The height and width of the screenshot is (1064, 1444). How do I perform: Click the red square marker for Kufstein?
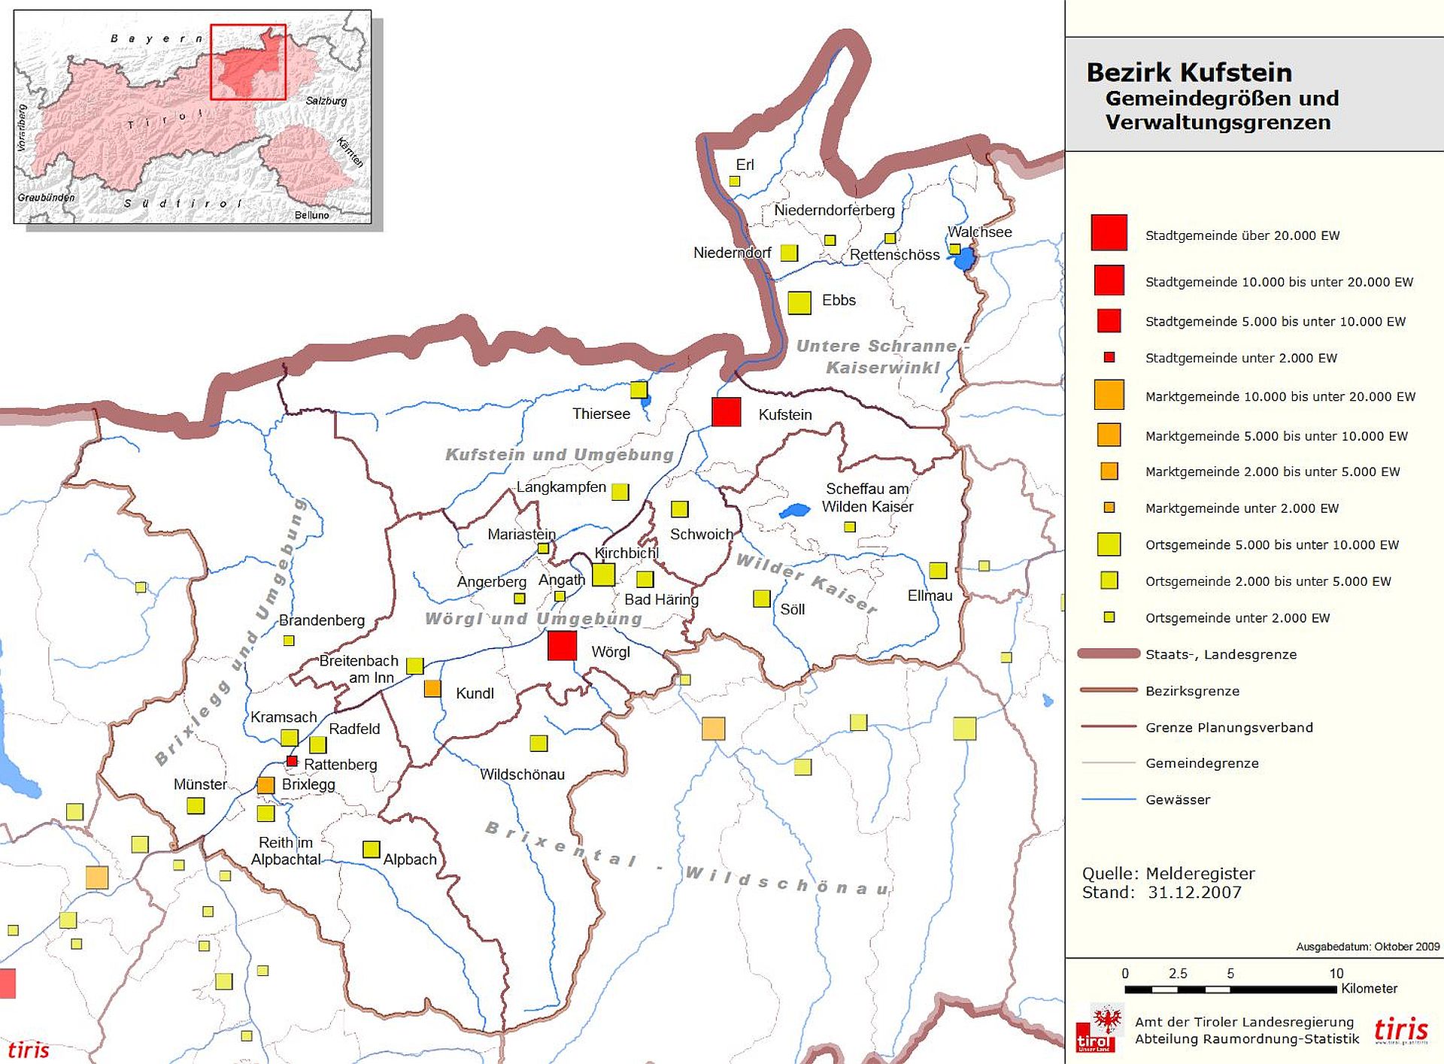726,412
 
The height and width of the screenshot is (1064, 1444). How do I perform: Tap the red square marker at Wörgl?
562,646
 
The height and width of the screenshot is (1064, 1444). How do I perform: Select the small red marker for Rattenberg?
292,761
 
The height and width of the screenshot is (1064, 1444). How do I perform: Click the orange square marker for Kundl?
432,688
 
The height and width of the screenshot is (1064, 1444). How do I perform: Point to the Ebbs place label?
839,300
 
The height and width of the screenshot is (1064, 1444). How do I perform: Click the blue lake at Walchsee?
963,259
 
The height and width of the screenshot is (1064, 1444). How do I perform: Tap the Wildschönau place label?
522,774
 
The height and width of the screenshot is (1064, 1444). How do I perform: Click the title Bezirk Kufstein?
1189,73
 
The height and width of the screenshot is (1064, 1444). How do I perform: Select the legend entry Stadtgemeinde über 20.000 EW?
1242,235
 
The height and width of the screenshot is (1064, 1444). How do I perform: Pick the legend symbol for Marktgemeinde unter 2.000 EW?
1109,508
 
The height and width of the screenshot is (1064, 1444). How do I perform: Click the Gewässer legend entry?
1178,799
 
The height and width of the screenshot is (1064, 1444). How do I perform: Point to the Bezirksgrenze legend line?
1109,690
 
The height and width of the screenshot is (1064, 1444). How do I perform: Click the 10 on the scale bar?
1336,973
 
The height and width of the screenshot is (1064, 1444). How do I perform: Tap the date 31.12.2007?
1194,893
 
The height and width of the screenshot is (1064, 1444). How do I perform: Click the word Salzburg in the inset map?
326,101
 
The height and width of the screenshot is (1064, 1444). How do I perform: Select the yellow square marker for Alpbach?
371,849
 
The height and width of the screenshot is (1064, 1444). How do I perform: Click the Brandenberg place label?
321,620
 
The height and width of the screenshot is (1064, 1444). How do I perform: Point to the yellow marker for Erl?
735,181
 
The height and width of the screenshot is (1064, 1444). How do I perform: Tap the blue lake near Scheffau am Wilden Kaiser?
794,511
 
